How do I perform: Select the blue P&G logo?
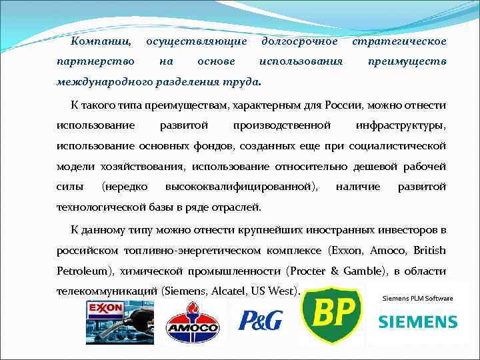click(257, 319)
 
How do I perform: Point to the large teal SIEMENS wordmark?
click(417, 323)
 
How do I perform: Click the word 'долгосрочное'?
click(299, 41)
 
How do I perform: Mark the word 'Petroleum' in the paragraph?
click(85, 271)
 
